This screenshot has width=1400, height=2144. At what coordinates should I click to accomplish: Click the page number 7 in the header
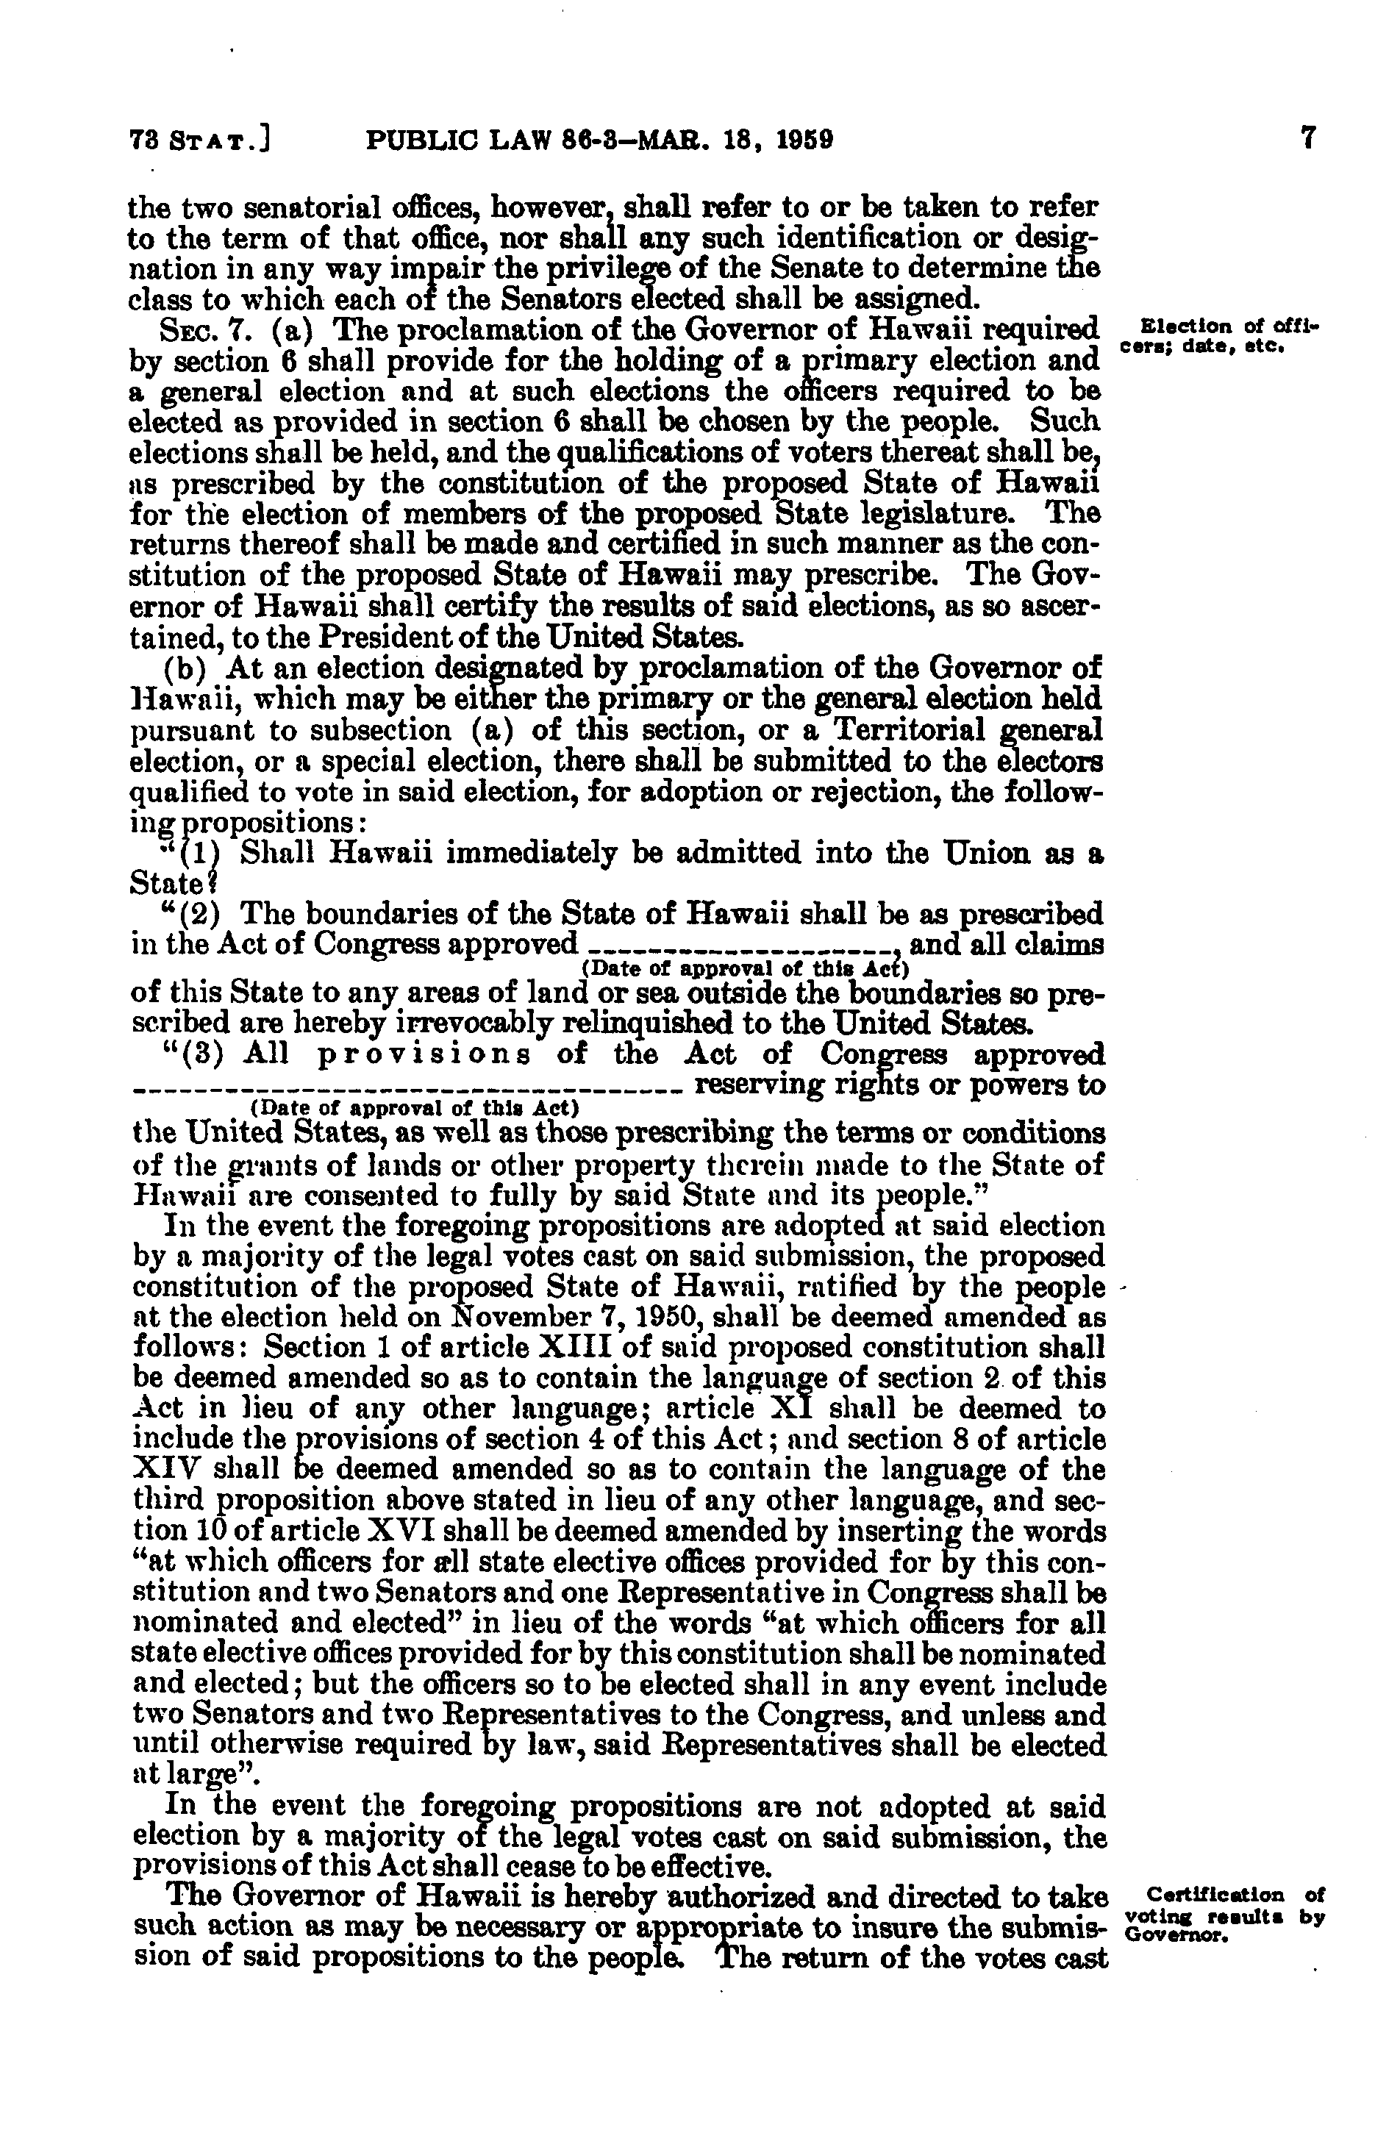pos(1309,139)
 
